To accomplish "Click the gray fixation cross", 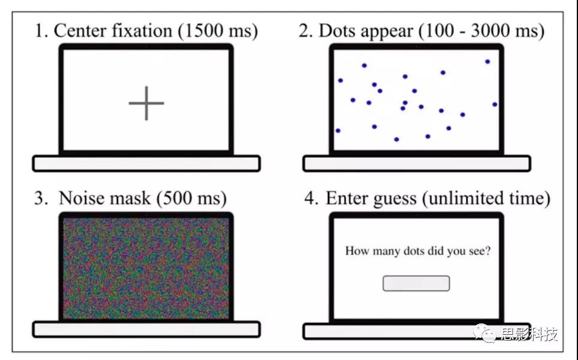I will tap(146, 103).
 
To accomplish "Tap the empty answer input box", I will tap(416, 283).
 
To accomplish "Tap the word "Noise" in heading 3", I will tap(81, 199).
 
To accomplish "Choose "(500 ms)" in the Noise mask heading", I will tap(191, 199).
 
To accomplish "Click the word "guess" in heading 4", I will tap(395, 199).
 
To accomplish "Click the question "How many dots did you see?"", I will tap(418, 251).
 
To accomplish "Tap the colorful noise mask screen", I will tap(146, 268).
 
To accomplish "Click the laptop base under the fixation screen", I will tap(146, 163).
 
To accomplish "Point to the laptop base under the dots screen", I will tap(417, 163).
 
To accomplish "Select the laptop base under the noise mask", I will tap(146, 329).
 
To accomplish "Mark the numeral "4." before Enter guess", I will tap(311, 199).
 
